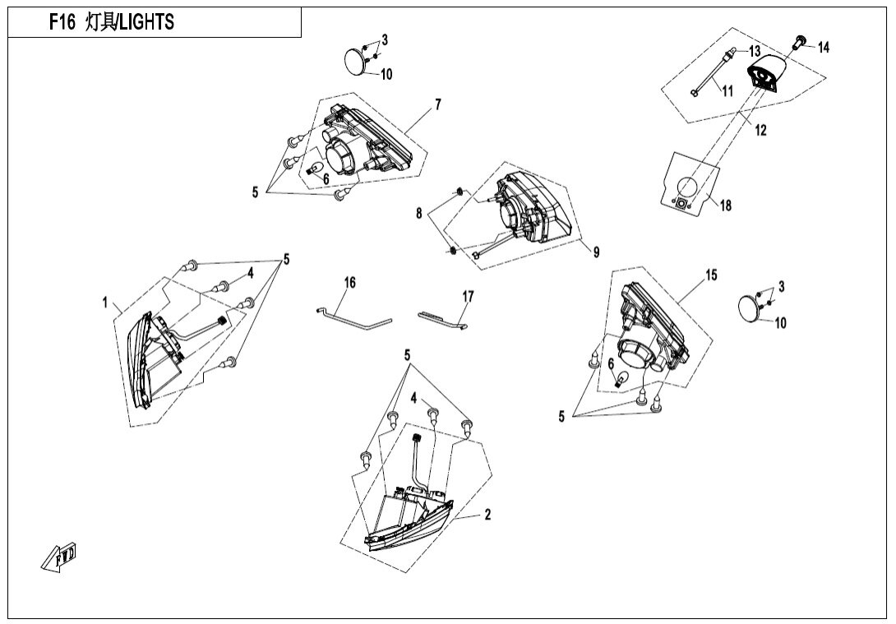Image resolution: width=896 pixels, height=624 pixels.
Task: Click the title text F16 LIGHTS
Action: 112,22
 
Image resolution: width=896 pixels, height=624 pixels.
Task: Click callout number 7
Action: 438,104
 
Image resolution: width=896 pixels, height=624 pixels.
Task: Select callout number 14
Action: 823,48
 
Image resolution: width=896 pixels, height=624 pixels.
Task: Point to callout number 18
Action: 724,205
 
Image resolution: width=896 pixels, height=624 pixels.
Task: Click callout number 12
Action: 760,130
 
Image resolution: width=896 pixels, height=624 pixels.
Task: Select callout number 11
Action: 727,91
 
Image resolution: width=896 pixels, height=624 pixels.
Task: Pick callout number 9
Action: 596,252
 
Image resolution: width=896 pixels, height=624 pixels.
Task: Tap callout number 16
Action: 350,283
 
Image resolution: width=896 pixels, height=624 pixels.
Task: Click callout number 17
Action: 468,297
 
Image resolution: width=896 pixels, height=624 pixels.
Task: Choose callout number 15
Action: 711,275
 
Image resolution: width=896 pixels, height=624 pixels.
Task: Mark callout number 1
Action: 105,303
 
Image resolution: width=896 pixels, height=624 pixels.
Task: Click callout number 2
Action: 487,515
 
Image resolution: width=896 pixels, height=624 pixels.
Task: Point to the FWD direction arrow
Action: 58,559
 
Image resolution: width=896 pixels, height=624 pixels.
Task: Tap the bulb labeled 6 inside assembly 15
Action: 624,380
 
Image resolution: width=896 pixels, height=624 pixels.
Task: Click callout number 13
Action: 755,51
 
